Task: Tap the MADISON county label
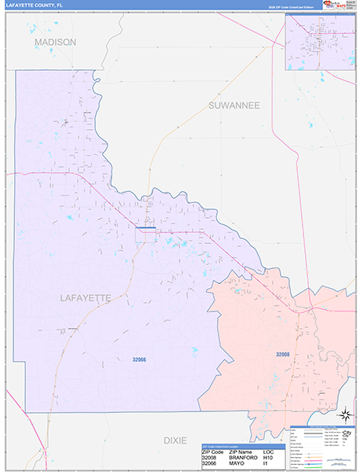tap(55, 42)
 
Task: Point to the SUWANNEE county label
tap(233, 105)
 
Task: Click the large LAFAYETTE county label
tap(85, 297)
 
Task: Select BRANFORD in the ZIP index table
tap(243, 458)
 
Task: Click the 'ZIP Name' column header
tap(241, 452)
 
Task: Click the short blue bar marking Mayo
tap(145, 229)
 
